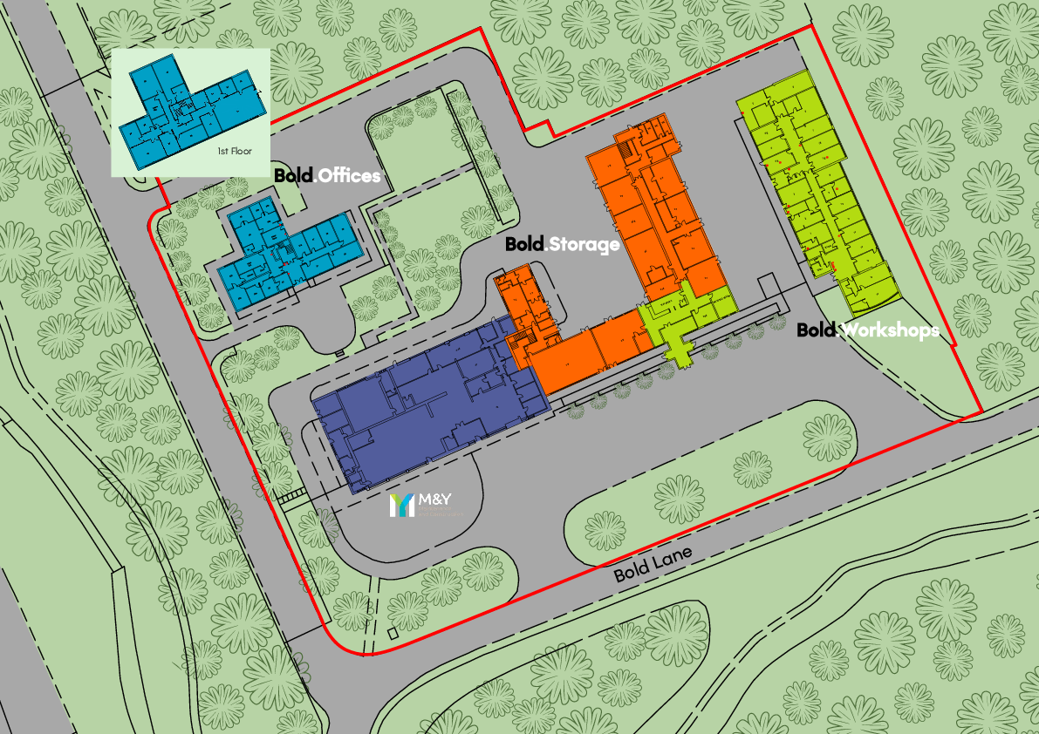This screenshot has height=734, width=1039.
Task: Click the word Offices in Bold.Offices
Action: (349, 176)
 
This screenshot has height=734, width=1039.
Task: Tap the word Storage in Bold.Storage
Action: (583, 244)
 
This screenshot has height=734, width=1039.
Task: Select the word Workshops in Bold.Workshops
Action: (889, 330)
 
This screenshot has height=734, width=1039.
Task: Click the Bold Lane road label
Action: (653, 564)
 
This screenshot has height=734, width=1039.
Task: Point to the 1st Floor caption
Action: (235, 152)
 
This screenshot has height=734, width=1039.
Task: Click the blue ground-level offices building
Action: (288, 248)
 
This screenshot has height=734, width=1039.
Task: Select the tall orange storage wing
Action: (654, 209)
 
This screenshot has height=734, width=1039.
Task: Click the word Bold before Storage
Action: (524, 244)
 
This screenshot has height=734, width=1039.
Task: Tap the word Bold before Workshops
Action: (817, 330)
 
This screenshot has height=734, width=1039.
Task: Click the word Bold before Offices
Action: (293, 175)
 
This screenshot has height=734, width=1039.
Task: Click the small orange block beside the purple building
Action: (523, 309)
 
